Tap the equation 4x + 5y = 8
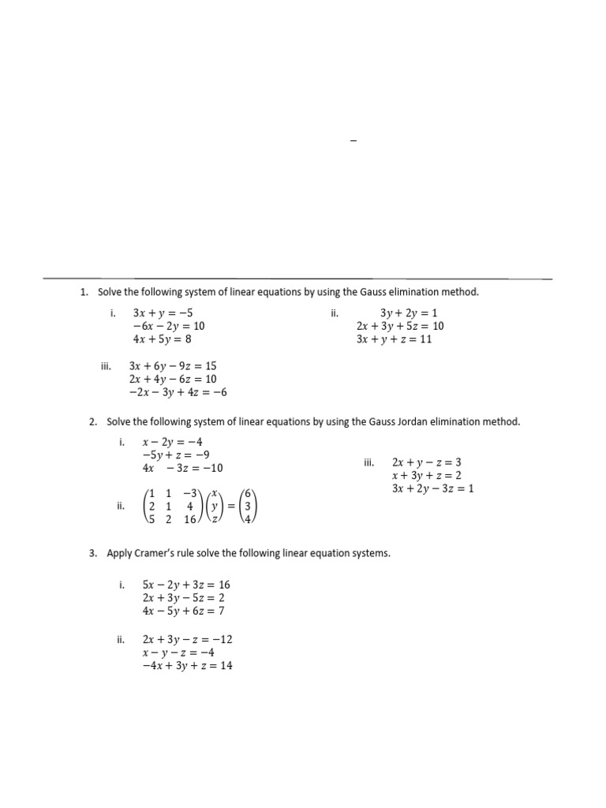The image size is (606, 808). point(163,339)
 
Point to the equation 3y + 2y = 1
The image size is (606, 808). point(408,312)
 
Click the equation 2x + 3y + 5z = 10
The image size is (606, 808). point(399,326)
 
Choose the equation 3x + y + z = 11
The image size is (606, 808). point(395,339)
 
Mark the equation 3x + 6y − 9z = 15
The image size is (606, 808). point(173,366)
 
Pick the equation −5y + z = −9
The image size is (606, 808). point(175,455)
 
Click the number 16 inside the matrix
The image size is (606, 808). point(190,520)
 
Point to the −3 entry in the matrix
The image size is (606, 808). point(190,493)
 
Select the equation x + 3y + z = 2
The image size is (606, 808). point(426,476)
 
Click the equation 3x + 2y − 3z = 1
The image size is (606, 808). point(432,489)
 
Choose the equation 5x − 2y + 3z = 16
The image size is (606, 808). point(186,585)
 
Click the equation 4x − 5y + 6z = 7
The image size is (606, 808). point(184,611)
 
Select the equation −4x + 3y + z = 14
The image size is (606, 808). point(187,666)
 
